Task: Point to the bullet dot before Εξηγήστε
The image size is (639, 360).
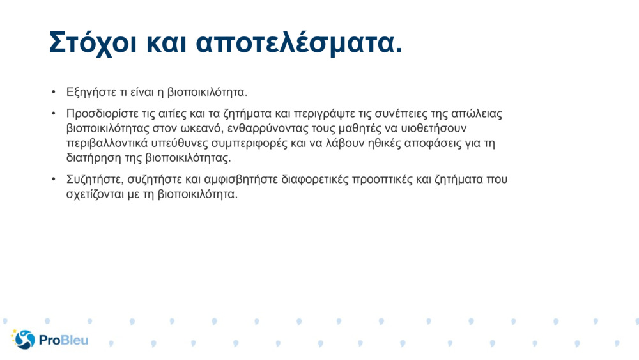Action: click(x=54, y=93)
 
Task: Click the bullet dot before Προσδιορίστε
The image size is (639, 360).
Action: click(x=54, y=114)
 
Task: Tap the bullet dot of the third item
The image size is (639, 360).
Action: click(x=54, y=180)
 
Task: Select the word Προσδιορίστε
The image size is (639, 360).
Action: click(x=103, y=114)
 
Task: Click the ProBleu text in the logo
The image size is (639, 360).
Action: click(x=63, y=340)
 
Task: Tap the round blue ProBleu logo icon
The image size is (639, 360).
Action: click(x=24, y=340)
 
